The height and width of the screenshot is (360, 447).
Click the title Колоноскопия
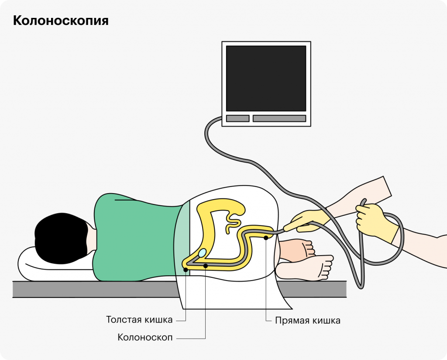coord(61,21)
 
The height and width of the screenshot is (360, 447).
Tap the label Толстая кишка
coord(139,319)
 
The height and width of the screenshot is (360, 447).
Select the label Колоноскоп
coord(145,337)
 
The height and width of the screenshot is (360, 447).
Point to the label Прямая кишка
coord(307,320)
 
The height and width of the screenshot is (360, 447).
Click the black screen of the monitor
coord(266,78)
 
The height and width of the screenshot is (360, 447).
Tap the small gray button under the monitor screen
coord(237,118)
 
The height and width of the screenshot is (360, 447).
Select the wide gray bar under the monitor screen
coord(279,118)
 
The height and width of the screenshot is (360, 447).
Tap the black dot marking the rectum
coord(266,238)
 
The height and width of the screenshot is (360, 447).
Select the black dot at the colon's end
coord(186,270)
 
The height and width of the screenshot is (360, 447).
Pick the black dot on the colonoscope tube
coord(206,266)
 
